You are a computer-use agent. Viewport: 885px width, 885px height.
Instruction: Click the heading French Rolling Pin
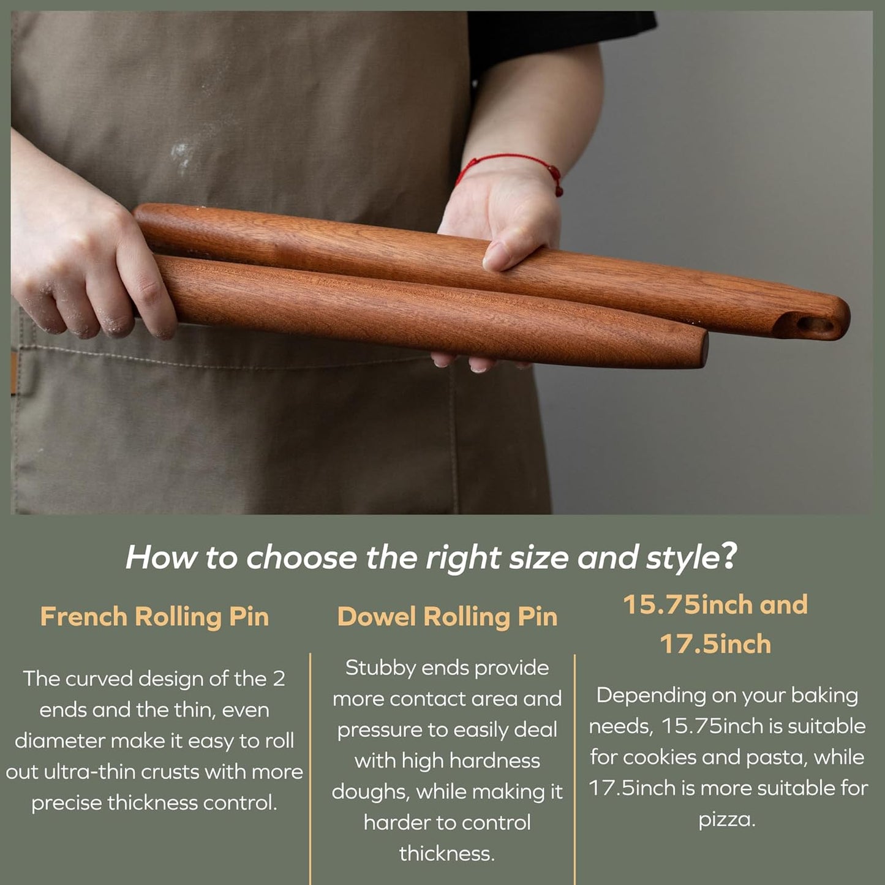tap(154, 617)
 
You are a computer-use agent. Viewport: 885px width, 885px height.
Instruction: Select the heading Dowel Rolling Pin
tap(447, 617)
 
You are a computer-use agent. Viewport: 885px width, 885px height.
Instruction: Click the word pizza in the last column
tap(727, 819)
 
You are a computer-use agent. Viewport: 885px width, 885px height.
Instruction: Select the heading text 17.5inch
tap(715, 644)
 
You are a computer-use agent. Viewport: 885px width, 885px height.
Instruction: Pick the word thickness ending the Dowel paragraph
tap(446, 853)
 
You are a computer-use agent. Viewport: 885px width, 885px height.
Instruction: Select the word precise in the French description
tap(67, 803)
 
